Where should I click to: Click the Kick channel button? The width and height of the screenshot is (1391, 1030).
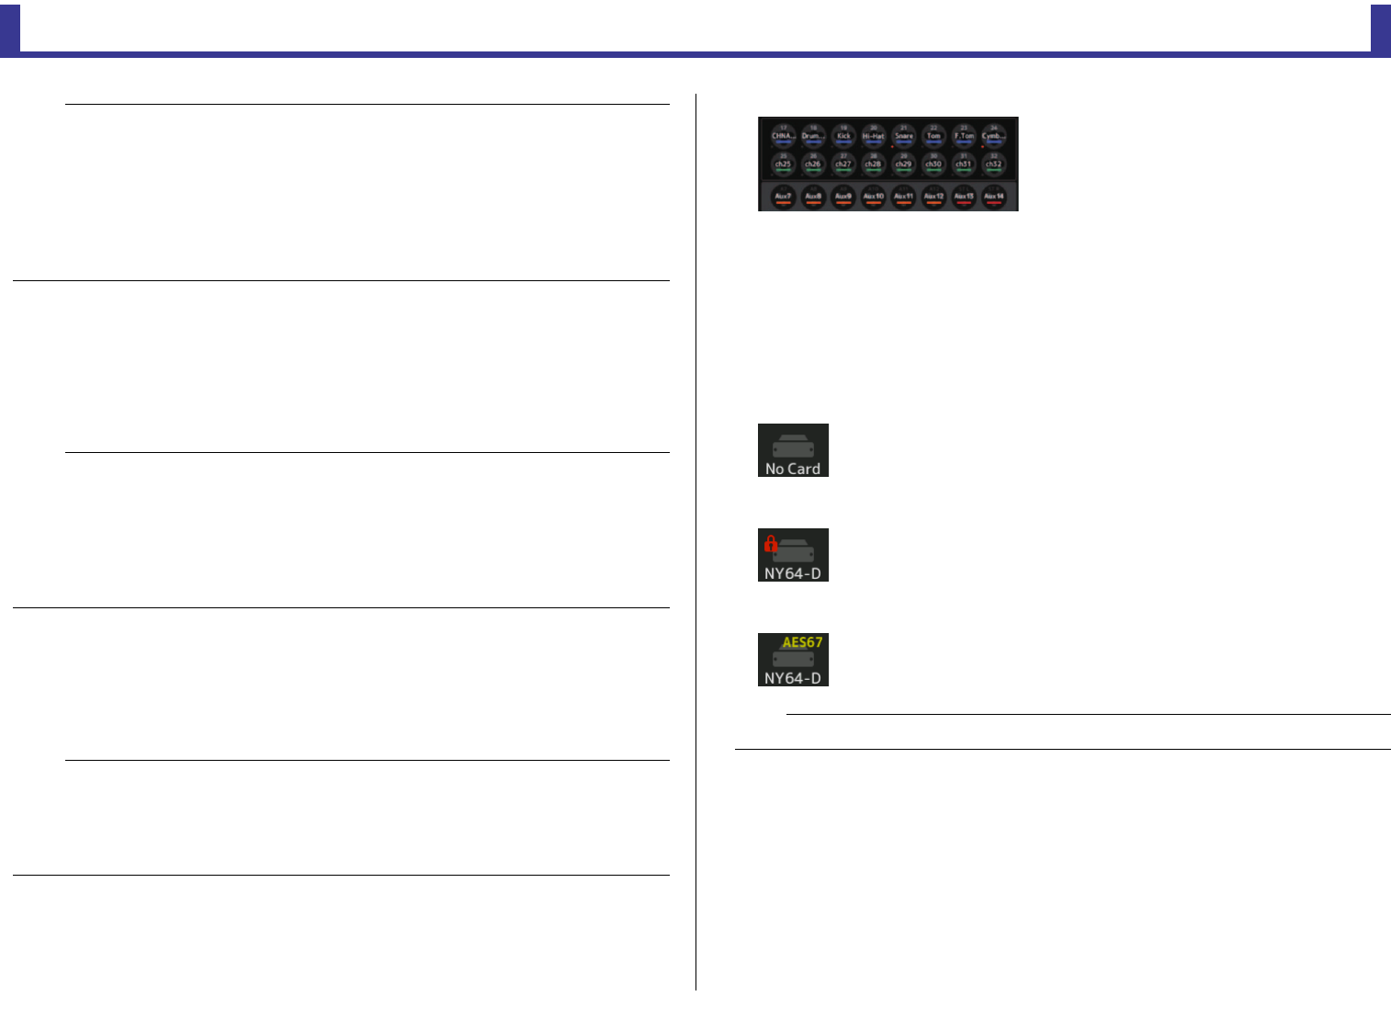(x=843, y=135)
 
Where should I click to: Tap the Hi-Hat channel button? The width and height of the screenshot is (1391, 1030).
(x=873, y=135)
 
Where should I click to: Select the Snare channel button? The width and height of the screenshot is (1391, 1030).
(x=903, y=135)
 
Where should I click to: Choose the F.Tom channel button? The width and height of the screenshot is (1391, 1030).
(x=963, y=135)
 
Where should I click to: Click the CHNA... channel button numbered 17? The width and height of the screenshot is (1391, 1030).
(x=783, y=135)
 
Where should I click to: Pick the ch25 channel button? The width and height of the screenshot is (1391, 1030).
(x=783, y=164)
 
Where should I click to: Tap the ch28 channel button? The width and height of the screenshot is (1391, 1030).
(x=873, y=164)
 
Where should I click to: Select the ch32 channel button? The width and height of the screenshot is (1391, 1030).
(x=993, y=164)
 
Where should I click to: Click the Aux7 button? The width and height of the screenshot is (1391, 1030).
(x=783, y=196)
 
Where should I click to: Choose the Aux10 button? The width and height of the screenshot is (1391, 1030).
(x=873, y=196)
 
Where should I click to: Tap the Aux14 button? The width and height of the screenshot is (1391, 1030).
(x=993, y=196)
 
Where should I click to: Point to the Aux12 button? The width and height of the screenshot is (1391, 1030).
(x=933, y=196)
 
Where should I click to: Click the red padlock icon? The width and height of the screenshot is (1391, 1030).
(x=771, y=544)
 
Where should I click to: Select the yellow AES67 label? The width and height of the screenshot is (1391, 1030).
(x=802, y=642)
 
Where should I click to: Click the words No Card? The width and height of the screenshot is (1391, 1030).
(x=793, y=469)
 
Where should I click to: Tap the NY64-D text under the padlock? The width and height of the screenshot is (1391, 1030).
(x=793, y=573)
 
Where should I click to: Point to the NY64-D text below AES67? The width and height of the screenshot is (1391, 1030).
(x=793, y=678)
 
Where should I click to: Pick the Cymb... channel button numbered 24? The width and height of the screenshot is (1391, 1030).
(x=993, y=135)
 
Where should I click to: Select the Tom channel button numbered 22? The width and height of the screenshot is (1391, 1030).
(x=933, y=135)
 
